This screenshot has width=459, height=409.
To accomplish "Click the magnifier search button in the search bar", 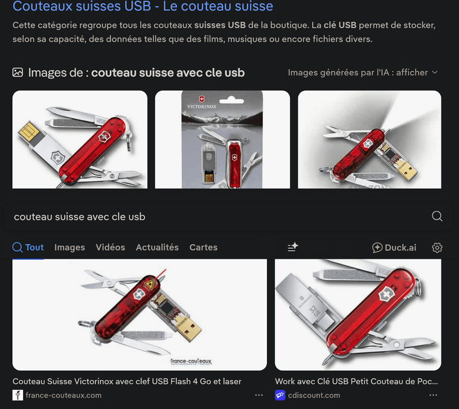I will pos(437,216).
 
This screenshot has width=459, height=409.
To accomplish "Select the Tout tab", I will pos(28,247).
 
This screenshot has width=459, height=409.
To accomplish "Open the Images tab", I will pos(69,247).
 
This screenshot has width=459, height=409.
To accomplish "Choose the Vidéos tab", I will pos(110,247).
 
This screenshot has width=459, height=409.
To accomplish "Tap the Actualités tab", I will pos(157,247).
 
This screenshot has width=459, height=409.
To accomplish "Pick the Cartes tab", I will pos(203,247).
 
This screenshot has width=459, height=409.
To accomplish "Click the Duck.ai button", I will pos(394,247).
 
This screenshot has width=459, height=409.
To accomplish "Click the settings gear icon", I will pos(437,247).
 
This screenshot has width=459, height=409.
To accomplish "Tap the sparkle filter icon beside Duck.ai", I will pos(293,247).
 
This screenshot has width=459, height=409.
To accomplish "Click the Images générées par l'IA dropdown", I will pos(362,72).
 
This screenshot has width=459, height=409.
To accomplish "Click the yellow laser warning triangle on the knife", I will pos(147,283).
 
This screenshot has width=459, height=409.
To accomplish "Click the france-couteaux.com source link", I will pos(63,395).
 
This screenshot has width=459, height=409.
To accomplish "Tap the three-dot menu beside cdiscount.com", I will pos(433,395).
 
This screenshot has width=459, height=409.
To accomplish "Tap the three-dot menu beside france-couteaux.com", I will pos(259,395).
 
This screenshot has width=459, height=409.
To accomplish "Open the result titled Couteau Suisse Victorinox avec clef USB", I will pos(127,381).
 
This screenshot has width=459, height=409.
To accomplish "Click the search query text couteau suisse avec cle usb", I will pos(80,216).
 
